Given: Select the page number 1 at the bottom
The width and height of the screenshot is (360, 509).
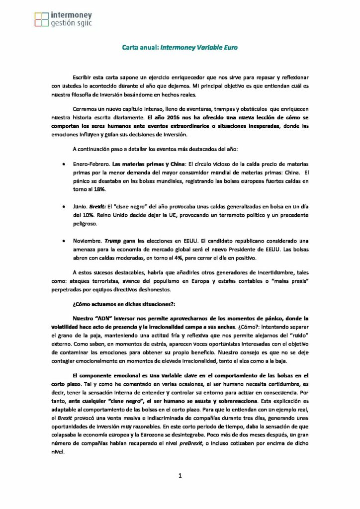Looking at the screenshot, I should [x=180, y=476].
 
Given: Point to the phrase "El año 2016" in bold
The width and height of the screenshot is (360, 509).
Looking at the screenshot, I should [x=163, y=118].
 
